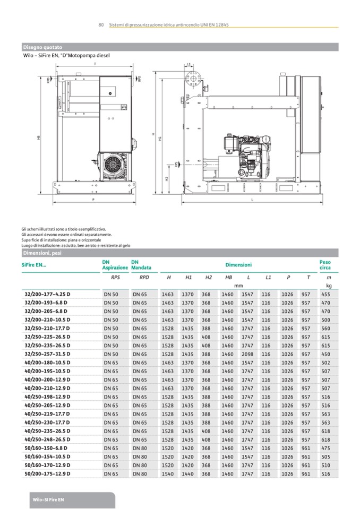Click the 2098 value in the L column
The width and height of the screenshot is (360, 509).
click(x=248, y=354)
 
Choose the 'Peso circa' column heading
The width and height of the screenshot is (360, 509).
click(x=325, y=264)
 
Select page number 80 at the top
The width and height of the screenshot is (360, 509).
click(x=101, y=25)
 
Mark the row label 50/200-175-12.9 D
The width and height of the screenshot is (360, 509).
click(x=48, y=474)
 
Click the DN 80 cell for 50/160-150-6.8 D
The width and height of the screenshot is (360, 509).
click(x=140, y=448)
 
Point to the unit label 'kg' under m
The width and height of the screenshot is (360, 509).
click(x=329, y=286)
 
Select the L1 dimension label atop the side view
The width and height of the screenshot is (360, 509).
click(x=189, y=64)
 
